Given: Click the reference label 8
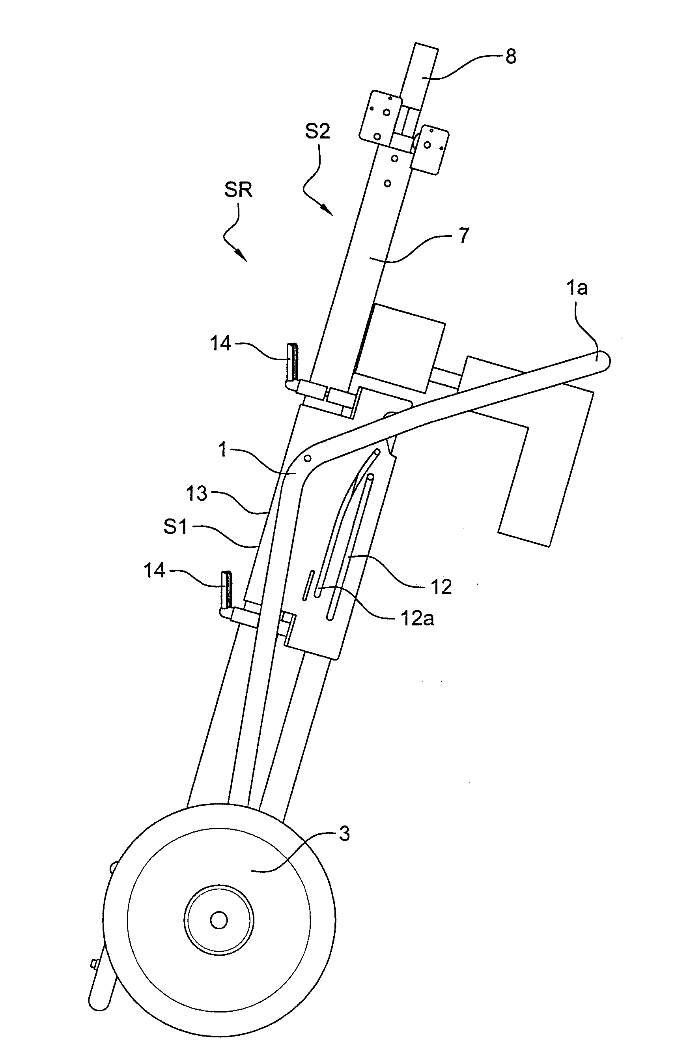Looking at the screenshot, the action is pyautogui.click(x=511, y=57).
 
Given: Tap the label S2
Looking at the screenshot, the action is pyautogui.click(x=317, y=131).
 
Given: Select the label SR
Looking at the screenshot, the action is pyautogui.click(x=238, y=190).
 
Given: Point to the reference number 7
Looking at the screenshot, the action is pyautogui.click(x=464, y=236).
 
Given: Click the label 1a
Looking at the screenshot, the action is pyautogui.click(x=577, y=288).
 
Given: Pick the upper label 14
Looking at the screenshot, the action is pyautogui.click(x=220, y=343).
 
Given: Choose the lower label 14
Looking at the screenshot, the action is pyautogui.click(x=155, y=571).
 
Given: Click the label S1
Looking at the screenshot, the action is pyautogui.click(x=175, y=527).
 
